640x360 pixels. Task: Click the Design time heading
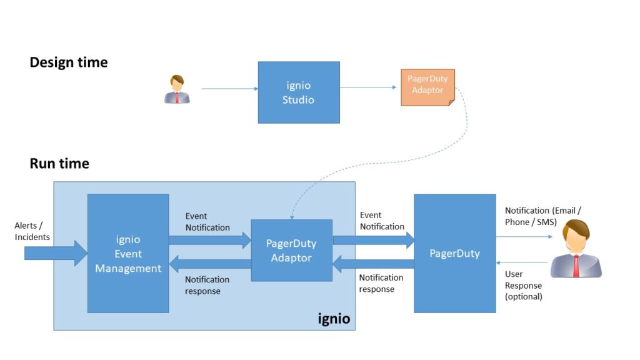click(69, 62)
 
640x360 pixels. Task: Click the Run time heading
click(59, 164)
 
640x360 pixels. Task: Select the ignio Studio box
click(299, 92)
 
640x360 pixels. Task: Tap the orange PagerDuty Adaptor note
click(427, 87)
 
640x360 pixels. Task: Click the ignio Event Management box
click(128, 253)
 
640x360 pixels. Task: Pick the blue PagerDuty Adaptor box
click(291, 250)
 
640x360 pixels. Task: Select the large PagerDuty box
click(454, 253)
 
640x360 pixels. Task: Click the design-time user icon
click(177, 89)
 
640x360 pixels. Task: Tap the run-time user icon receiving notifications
click(575, 249)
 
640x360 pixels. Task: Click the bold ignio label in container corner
click(334, 319)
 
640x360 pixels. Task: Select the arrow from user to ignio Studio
click(229, 89)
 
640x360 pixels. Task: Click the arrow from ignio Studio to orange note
click(369, 87)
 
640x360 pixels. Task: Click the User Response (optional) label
click(523, 285)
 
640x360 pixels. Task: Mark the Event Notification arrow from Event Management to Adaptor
click(209, 240)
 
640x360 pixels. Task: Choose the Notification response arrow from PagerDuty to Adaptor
click(373, 264)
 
